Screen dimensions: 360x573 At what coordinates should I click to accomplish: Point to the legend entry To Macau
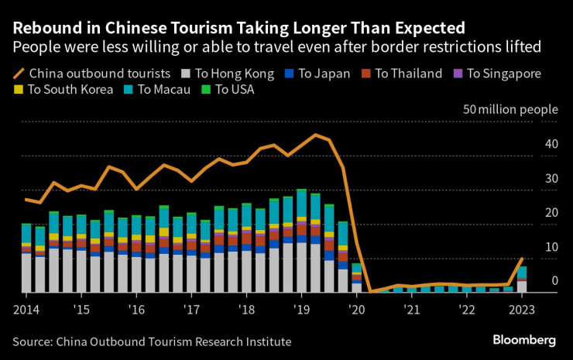click(158, 90)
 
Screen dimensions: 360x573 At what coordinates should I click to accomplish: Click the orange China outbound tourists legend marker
click(19, 74)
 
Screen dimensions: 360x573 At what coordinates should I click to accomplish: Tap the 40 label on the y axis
click(551, 144)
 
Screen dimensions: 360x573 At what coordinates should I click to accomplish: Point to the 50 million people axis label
click(510, 109)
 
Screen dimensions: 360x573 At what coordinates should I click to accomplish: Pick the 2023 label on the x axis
click(522, 310)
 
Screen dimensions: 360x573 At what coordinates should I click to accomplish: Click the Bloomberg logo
click(524, 340)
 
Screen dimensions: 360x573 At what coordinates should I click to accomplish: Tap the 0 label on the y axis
click(554, 281)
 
